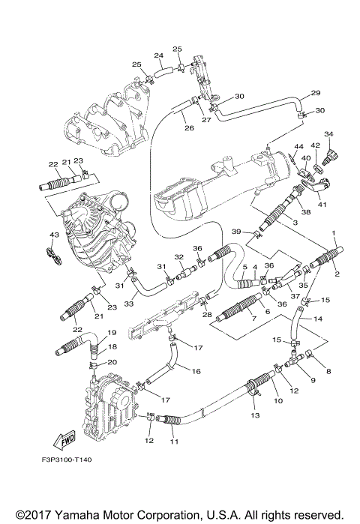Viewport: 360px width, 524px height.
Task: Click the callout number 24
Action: click(x=158, y=55)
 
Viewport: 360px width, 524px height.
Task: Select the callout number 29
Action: click(x=316, y=93)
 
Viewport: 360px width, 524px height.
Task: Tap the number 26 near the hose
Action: click(x=189, y=128)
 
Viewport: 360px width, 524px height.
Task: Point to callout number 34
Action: click(x=328, y=134)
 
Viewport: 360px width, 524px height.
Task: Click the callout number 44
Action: click(x=298, y=147)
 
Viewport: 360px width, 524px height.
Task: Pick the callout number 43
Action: click(x=53, y=235)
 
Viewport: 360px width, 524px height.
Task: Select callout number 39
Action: click(x=235, y=232)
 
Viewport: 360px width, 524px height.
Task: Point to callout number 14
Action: click(x=318, y=319)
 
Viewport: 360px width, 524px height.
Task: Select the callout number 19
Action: click(x=112, y=332)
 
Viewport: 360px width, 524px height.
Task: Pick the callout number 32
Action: click(x=179, y=256)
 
